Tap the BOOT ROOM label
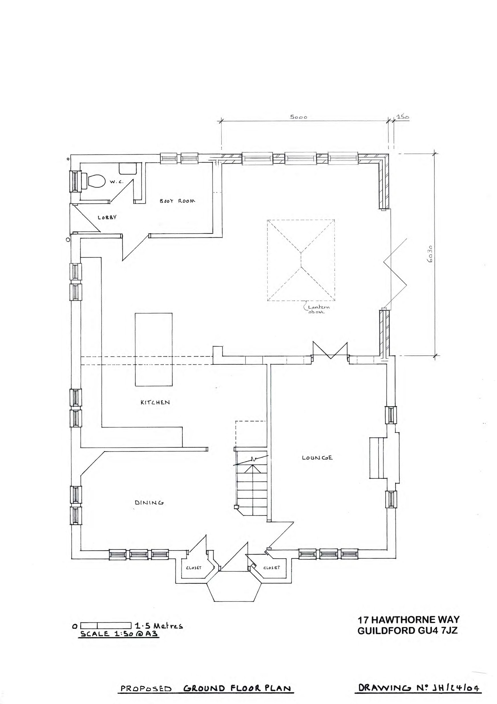point(177,201)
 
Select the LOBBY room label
point(107,217)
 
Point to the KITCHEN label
point(155,402)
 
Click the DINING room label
point(149,502)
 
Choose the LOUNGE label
point(317,458)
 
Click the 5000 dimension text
point(298,117)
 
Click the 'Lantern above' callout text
point(318,309)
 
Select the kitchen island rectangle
point(154,349)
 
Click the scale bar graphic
point(106,625)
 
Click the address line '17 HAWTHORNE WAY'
point(408,620)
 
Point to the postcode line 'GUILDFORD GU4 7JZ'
point(407,631)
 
